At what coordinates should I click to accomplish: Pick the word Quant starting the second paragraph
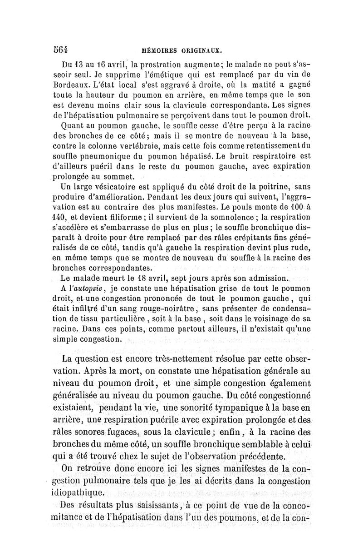tap(72, 129)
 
